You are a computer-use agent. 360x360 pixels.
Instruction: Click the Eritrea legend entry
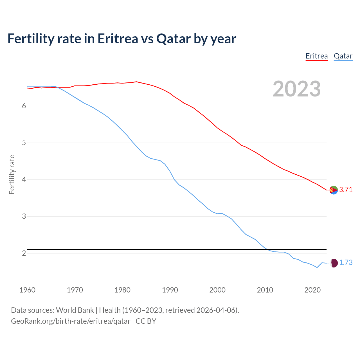click(x=317, y=56)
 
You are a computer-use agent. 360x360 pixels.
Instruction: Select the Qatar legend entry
click(x=343, y=56)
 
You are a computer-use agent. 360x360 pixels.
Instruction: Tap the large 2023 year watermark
click(x=296, y=89)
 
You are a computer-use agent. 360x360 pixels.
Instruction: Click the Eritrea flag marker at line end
click(x=333, y=190)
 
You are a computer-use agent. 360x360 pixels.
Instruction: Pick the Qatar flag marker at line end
click(x=333, y=263)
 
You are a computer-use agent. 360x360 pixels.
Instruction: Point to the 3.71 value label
click(x=346, y=190)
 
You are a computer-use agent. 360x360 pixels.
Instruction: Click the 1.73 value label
click(x=346, y=263)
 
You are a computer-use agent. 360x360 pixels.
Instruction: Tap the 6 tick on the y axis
click(x=24, y=106)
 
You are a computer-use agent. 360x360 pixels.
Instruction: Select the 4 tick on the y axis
click(x=24, y=180)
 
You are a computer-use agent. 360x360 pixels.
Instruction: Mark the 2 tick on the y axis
click(x=24, y=253)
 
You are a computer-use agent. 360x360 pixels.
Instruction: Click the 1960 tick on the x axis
click(x=27, y=290)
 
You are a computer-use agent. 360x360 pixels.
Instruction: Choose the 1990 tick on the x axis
click(x=170, y=290)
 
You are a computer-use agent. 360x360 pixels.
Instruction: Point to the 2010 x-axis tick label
click(x=265, y=290)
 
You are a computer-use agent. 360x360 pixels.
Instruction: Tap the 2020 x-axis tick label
click(x=312, y=290)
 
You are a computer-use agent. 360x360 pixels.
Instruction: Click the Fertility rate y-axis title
click(x=12, y=174)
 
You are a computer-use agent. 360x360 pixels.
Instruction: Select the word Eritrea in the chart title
click(x=118, y=39)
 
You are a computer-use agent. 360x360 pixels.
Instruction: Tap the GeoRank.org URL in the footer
click(x=71, y=321)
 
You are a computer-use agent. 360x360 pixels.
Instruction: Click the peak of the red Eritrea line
click(x=136, y=82)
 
